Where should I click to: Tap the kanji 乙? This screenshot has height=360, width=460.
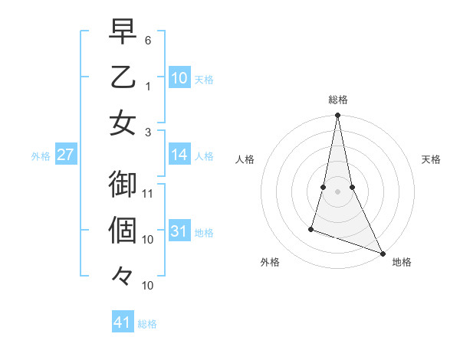click(x=123, y=77)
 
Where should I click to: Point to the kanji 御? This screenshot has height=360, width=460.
click(x=123, y=184)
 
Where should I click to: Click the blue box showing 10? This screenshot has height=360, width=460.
click(x=179, y=77)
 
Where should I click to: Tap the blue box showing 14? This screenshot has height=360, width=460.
click(x=179, y=155)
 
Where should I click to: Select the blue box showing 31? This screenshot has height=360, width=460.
click(x=179, y=232)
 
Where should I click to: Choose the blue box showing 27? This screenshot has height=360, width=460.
click(x=66, y=155)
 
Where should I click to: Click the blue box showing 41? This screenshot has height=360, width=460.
click(x=123, y=322)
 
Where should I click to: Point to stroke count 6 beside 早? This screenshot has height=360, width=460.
click(x=148, y=39)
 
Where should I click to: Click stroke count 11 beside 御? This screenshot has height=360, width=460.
click(x=149, y=193)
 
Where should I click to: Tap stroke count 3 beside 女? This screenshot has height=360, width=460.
click(x=148, y=133)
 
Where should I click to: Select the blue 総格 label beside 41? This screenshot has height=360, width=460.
click(x=147, y=324)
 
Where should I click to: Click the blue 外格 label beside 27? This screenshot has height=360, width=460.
click(x=40, y=156)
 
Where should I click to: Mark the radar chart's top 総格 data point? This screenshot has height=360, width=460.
click(x=337, y=116)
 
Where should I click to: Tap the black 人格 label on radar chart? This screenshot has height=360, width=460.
click(x=245, y=159)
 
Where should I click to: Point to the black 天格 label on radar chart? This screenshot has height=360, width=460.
click(x=431, y=159)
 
